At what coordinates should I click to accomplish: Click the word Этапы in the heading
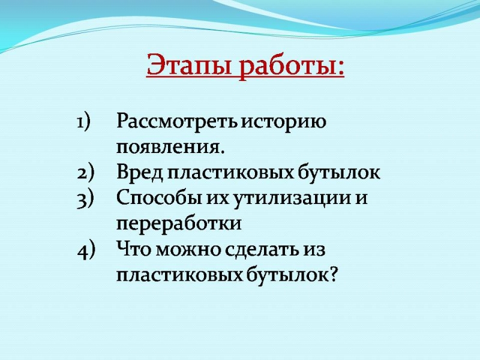coord(188,65)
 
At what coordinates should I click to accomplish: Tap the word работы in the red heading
coord(289,65)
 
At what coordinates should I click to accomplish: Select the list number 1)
coord(83,122)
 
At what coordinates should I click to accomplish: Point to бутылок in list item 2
coord(339,173)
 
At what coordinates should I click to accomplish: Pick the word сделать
coord(262,250)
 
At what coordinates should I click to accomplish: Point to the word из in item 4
coord(313,250)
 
